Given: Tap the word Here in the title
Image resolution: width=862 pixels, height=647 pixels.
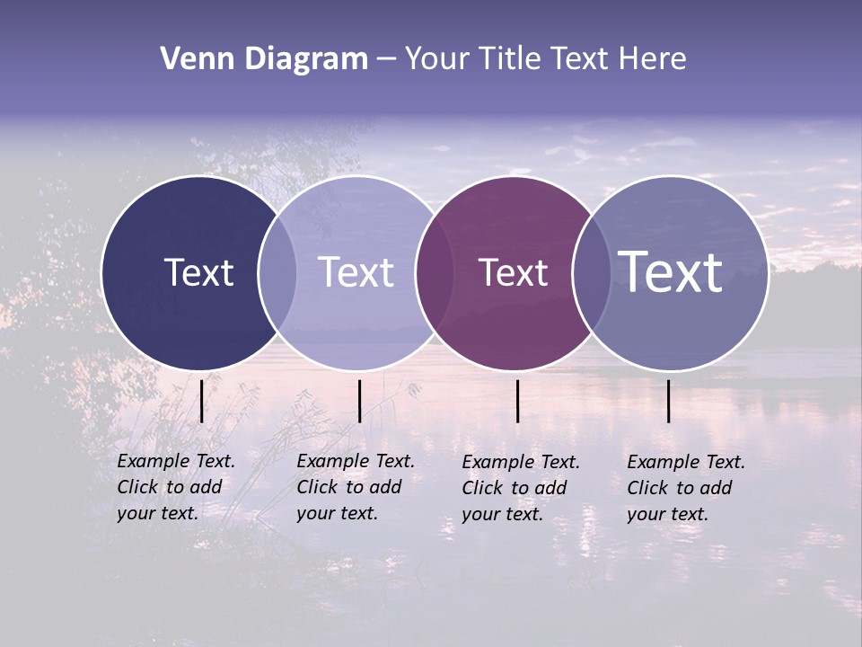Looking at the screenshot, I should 653,59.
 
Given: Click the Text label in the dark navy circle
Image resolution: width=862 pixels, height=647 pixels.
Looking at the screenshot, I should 198,272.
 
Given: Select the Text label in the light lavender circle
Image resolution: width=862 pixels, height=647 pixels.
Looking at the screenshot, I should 356,272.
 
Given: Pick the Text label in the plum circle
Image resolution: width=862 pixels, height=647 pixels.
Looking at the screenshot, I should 513,272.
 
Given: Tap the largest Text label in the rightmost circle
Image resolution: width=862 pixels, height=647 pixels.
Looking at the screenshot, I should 671,272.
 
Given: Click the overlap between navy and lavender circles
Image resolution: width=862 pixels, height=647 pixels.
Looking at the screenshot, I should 277,272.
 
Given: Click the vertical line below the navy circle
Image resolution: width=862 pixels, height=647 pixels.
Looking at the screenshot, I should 201,401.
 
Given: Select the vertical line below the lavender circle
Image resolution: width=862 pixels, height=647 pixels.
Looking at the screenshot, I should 359,401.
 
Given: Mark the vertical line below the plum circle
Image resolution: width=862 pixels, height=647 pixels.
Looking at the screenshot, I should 517,401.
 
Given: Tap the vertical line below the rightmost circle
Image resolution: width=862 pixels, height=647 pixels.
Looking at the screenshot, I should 669,401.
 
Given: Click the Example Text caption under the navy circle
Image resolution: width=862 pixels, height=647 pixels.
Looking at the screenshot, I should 176,487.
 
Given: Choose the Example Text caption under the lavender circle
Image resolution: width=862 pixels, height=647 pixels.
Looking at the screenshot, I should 356,487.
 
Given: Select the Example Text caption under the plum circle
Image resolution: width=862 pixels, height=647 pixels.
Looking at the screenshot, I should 521,488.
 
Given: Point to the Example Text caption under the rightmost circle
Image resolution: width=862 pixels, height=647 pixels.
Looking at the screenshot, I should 686,488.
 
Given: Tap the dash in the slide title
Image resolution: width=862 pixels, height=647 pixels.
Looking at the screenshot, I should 386,59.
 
